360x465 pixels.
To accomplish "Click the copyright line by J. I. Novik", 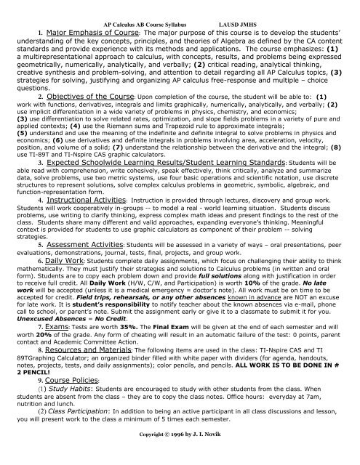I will coord(180,458).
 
